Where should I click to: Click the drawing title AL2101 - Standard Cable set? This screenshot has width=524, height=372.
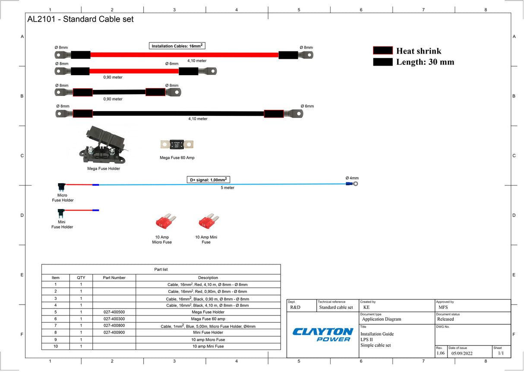point(81,19)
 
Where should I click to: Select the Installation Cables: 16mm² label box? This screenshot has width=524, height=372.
point(177,46)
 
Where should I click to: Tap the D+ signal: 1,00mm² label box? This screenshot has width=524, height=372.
point(208,180)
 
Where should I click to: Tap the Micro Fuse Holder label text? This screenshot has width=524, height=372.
point(63,198)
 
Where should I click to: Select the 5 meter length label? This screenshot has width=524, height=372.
point(227,188)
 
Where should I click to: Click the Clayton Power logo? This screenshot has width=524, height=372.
point(322,334)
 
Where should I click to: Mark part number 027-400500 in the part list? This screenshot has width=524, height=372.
point(114,312)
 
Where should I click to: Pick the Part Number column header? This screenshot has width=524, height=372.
point(114,278)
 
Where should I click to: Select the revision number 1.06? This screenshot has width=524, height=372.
point(440,353)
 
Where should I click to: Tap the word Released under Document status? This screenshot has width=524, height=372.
point(445,319)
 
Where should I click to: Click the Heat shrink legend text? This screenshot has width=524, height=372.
point(419,51)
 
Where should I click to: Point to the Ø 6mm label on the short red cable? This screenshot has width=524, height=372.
point(171,64)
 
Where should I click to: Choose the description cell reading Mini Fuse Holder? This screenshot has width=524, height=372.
point(208,333)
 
